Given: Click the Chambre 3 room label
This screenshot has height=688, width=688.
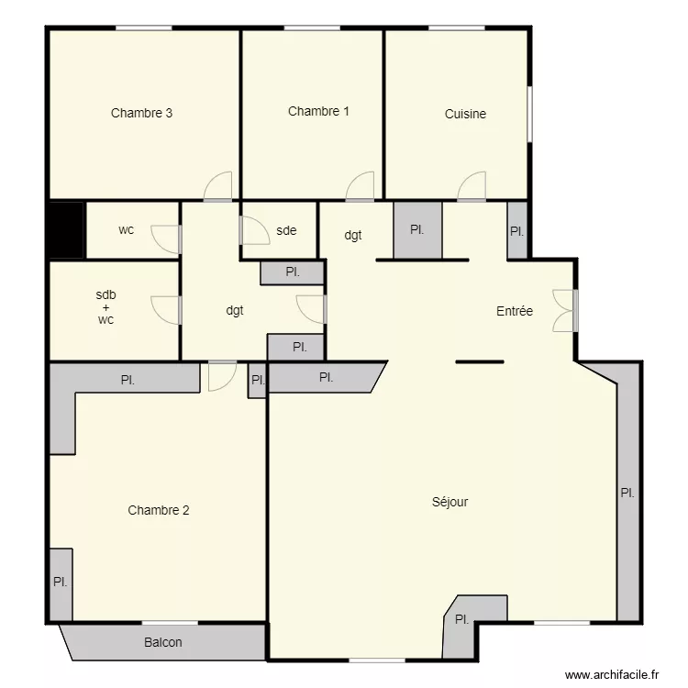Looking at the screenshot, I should (142, 114).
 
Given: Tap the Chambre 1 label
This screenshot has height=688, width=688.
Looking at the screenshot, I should (318, 112).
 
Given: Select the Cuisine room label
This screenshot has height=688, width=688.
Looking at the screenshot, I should (465, 115).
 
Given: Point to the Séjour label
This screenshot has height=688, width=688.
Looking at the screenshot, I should (449, 502).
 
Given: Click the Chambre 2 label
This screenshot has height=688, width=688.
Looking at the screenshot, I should (159, 511).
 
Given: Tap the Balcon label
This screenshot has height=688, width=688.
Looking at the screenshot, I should (163, 643).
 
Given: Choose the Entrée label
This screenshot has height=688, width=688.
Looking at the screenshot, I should (515, 312).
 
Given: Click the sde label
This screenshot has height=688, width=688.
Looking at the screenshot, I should (286, 231).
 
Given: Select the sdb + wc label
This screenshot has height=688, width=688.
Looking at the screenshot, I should (105, 307).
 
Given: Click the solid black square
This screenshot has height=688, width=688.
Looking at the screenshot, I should (66, 230).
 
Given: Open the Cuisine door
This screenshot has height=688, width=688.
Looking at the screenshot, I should (472, 187).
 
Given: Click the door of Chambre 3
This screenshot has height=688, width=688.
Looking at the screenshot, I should (218, 188).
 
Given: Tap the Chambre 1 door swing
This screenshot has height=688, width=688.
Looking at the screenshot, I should (361, 187).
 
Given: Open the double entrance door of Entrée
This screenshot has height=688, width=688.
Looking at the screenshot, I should (564, 310).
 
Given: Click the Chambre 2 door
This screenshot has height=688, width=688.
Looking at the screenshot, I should (222, 375).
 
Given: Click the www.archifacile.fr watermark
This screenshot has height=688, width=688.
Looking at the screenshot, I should (612, 674).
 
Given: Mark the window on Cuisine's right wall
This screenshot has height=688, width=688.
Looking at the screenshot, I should (529, 114).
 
